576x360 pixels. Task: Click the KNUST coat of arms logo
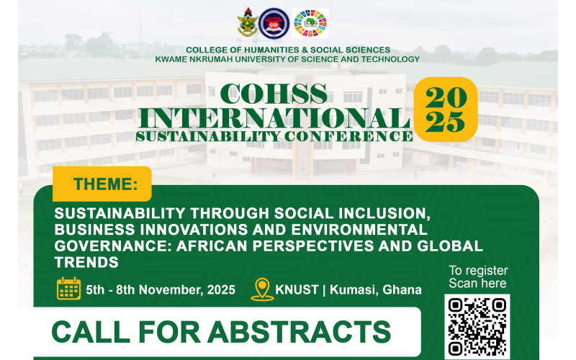pyautogui.click(x=247, y=23)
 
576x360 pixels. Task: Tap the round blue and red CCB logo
pyautogui.click(x=274, y=23)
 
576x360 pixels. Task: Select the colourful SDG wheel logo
pyautogui.click(x=310, y=23)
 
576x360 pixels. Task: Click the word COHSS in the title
pyautogui.click(x=274, y=94)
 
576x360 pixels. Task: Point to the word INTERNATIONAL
pyautogui.click(x=274, y=118)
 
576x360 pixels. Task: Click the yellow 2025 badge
pyautogui.click(x=446, y=109)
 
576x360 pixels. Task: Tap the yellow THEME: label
pyautogui.click(x=102, y=184)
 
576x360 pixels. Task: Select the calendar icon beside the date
pyautogui.click(x=68, y=289)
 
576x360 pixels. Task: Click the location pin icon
pyautogui.click(x=262, y=289)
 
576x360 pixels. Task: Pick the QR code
pyautogui.click(x=477, y=327)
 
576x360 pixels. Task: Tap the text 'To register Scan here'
pyautogui.click(x=478, y=277)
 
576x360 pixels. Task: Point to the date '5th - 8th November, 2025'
pyautogui.click(x=161, y=290)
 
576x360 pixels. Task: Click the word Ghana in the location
pyautogui.click(x=402, y=290)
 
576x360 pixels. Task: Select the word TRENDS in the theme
pyautogui.click(x=86, y=262)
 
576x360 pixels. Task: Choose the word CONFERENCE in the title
pyautogui.click(x=348, y=136)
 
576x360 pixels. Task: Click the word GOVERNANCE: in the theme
pyautogui.click(x=113, y=246)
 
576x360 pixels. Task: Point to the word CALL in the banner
pyautogui.click(x=91, y=332)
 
